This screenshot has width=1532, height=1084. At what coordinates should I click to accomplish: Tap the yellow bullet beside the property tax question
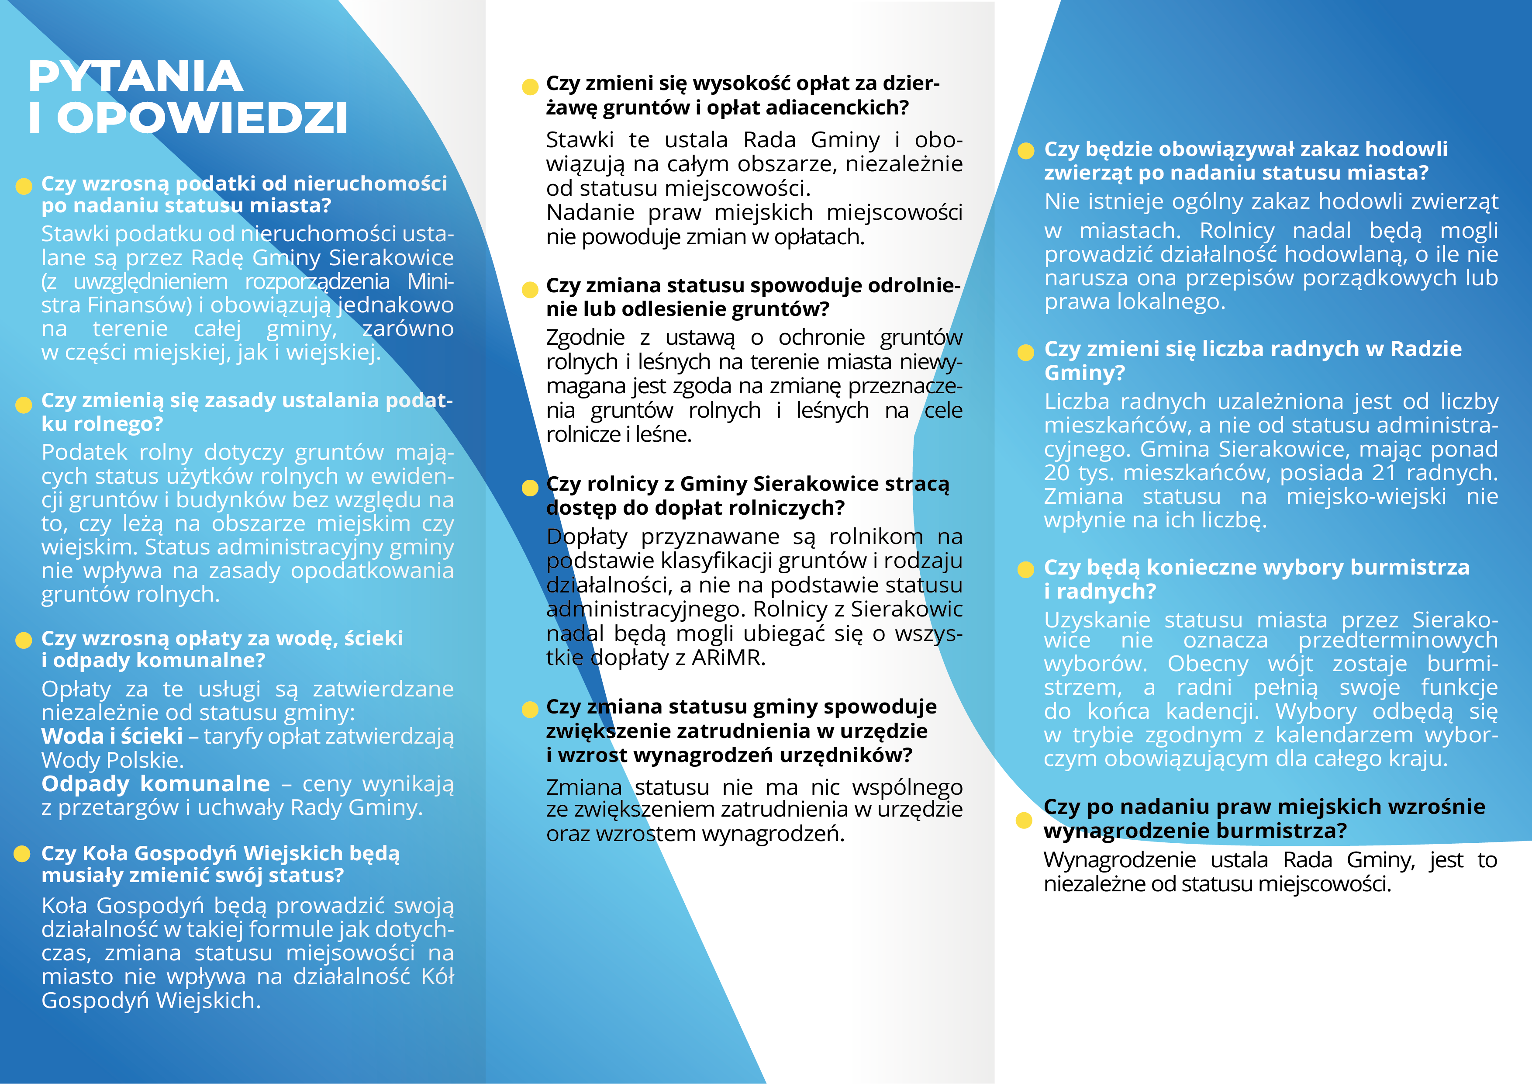[x=24, y=186]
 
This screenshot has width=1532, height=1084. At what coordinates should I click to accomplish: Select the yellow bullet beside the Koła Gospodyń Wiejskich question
[x=23, y=854]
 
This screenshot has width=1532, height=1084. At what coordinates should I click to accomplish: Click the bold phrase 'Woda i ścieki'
[x=111, y=736]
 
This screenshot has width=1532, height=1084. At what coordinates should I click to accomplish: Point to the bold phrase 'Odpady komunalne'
[x=155, y=784]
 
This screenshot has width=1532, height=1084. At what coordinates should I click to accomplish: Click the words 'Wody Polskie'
[x=112, y=760]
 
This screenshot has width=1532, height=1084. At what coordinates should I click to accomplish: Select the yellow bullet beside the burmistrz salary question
[x=1024, y=821]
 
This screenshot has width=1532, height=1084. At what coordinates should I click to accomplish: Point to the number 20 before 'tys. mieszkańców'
[x=1058, y=473]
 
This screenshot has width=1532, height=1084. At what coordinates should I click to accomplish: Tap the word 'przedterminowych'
[x=1398, y=640]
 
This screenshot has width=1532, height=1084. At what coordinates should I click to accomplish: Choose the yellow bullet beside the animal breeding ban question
[x=1025, y=151]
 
